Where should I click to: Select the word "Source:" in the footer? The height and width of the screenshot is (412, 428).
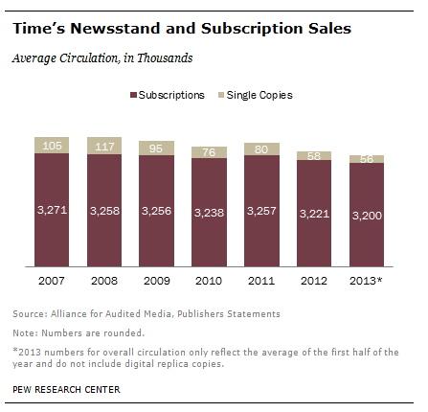tap(29, 314)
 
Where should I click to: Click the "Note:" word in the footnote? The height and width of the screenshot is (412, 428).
tap(25, 333)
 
